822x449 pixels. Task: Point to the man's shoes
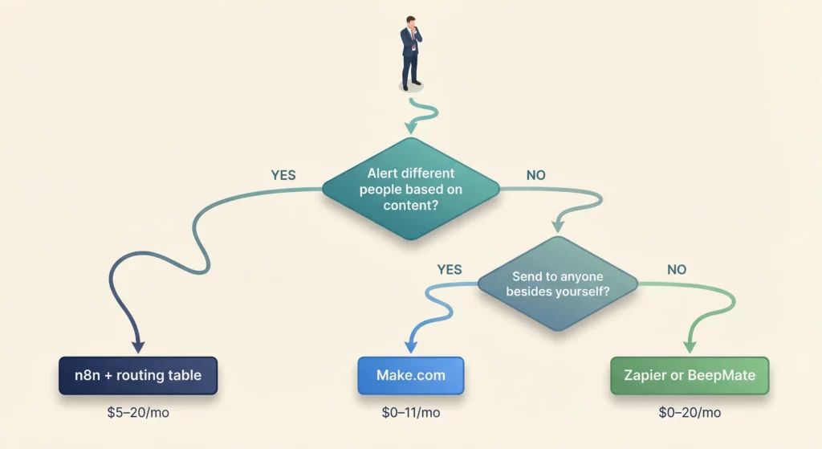point(410,85)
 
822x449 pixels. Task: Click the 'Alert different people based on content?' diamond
point(410,190)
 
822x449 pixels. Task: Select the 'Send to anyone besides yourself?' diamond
point(557,283)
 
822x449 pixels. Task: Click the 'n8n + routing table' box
point(138,375)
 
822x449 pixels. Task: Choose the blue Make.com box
point(410,375)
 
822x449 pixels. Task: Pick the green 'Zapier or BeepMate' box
point(690,375)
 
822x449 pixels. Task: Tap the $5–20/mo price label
point(138,413)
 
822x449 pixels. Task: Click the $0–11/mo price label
point(410,413)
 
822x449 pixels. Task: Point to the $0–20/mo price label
point(690,413)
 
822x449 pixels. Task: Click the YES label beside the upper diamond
point(283,174)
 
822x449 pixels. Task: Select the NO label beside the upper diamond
point(535,174)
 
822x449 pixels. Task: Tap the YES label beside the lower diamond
point(450,270)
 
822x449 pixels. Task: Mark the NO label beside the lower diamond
point(677,270)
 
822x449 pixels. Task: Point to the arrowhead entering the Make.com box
point(410,346)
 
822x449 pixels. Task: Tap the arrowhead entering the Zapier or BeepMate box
point(690,346)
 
